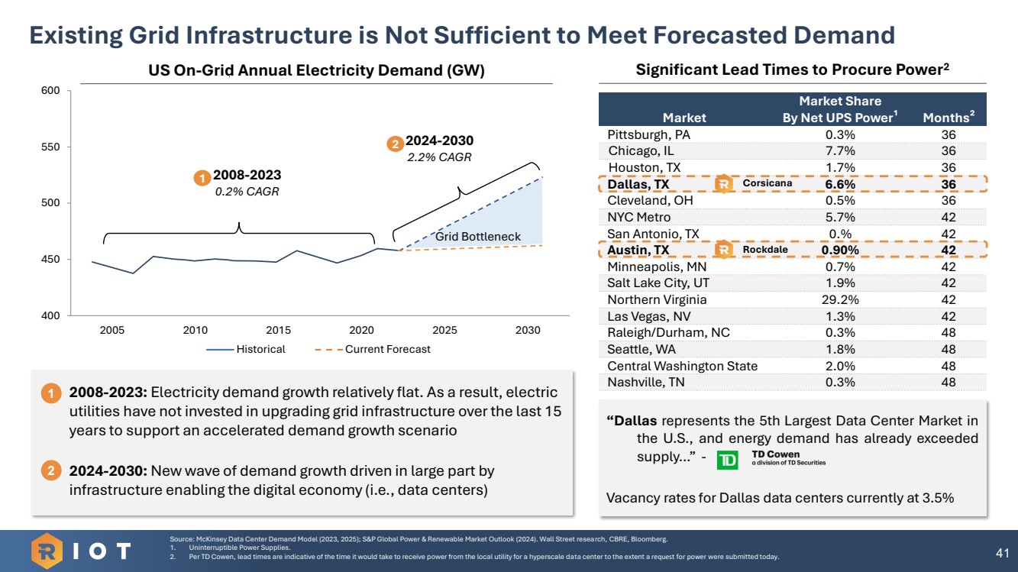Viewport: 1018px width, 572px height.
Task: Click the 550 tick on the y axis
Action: [x=51, y=147]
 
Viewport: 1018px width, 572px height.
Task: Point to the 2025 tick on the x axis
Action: [x=444, y=330]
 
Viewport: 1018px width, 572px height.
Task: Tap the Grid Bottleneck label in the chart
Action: [x=477, y=237]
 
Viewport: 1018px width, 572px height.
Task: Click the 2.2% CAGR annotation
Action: [x=439, y=157]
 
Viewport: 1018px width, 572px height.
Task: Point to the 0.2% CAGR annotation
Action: [x=247, y=192]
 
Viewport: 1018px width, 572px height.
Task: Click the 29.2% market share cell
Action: [x=839, y=299]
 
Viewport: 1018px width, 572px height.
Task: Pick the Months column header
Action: [x=949, y=118]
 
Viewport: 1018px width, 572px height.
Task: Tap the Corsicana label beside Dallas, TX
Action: [x=767, y=183]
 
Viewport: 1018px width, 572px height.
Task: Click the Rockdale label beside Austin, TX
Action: [x=764, y=250]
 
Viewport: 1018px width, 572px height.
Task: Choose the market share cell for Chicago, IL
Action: [x=839, y=150]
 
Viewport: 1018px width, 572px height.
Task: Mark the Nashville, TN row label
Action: [x=646, y=382]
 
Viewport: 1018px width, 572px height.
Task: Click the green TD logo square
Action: [x=729, y=461]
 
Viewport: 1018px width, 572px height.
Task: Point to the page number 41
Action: [x=1003, y=551]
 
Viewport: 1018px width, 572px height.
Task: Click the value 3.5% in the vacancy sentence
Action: [x=935, y=498]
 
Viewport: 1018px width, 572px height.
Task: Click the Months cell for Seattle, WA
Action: [x=949, y=349]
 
